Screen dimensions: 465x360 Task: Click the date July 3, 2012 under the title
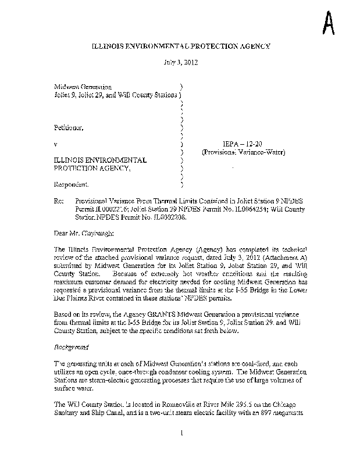(181, 62)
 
